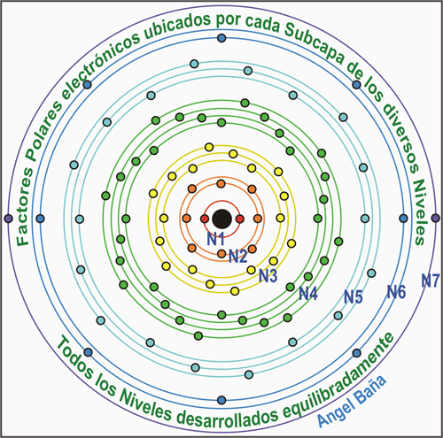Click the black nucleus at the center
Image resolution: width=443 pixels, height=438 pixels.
(x=221, y=219)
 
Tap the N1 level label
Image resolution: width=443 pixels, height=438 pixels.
(x=215, y=239)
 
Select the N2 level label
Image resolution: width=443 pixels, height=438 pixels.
(x=238, y=256)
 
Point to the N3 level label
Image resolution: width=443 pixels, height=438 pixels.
(x=268, y=276)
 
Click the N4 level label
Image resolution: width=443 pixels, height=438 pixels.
(x=308, y=294)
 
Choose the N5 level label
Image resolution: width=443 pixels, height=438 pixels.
(x=354, y=296)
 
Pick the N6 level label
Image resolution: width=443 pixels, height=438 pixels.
(x=396, y=292)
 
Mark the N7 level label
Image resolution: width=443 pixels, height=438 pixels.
(x=431, y=280)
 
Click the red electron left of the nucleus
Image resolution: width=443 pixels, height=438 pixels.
(x=205, y=219)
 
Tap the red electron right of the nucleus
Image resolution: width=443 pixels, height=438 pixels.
(x=240, y=219)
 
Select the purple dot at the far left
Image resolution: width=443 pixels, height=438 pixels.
(x=9, y=219)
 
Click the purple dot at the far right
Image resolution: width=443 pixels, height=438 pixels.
(x=435, y=219)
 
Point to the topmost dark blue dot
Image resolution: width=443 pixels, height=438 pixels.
(x=221, y=38)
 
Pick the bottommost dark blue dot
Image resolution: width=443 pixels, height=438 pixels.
(x=221, y=400)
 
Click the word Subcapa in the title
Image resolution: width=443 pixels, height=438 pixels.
(x=314, y=43)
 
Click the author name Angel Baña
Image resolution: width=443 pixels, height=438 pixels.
(x=352, y=402)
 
